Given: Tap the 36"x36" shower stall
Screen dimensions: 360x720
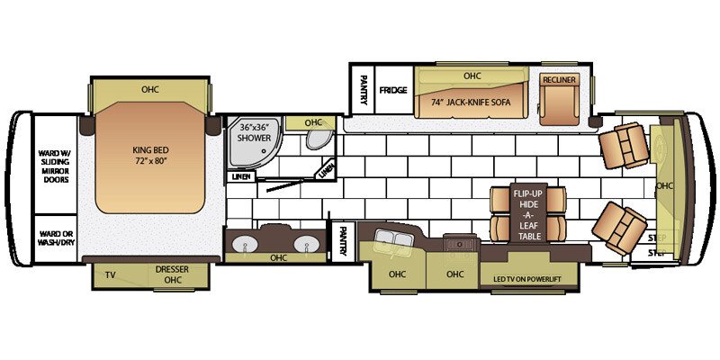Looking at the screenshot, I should (x=247, y=144).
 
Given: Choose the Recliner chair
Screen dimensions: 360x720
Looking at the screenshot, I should (x=559, y=100).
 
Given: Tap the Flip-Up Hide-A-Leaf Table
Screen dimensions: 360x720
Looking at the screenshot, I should (x=529, y=214).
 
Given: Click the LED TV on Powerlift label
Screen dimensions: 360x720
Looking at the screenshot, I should (x=527, y=279).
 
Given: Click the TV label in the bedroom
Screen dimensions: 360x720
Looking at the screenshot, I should (x=111, y=274).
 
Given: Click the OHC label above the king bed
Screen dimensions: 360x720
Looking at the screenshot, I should (x=150, y=89).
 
